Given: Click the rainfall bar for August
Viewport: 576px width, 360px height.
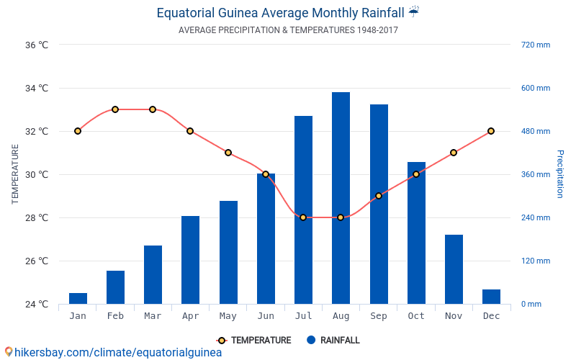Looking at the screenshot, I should (x=341, y=198).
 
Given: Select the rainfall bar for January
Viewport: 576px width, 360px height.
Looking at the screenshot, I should (x=78, y=298).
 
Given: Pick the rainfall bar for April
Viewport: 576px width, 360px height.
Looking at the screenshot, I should (x=190, y=260).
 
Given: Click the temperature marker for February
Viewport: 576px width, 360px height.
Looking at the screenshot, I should (x=115, y=109).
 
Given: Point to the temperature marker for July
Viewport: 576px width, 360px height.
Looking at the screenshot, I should (x=303, y=217).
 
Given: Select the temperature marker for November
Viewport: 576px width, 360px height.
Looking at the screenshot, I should (x=454, y=153).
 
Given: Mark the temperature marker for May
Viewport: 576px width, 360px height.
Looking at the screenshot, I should (x=228, y=153).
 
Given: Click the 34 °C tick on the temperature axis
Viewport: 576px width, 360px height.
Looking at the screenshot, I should (x=36, y=89).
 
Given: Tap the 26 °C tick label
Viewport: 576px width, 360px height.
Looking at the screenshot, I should (x=36, y=261).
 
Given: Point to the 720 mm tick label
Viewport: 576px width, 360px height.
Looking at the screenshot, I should (x=535, y=45).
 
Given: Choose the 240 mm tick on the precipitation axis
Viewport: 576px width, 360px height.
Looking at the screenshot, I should (x=535, y=218).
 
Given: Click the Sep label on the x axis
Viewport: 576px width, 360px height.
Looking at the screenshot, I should (x=379, y=316).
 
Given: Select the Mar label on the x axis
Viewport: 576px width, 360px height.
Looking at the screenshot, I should (x=153, y=316).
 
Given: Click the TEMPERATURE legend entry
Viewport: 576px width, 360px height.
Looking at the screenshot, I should (x=254, y=341).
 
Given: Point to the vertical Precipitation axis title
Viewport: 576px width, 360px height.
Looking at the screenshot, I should (x=559, y=174).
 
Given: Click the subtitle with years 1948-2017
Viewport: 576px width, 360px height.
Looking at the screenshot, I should (x=288, y=30).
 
